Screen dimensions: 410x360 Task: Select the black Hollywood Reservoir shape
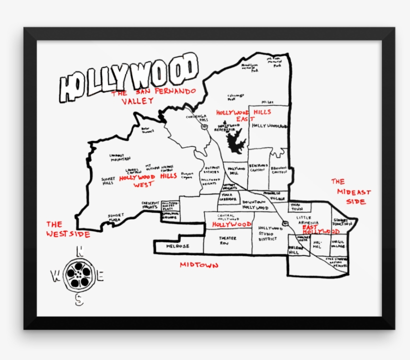click(x=234, y=141)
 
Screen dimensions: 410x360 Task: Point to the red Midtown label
click(x=199, y=265)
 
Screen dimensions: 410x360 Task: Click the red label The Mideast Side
click(x=353, y=192)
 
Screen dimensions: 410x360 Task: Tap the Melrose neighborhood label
click(x=177, y=247)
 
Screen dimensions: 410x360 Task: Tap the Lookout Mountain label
click(x=120, y=157)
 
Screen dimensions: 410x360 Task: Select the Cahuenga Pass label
click(x=197, y=118)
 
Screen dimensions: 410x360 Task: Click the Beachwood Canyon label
click(x=258, y=167)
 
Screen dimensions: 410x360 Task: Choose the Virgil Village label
click(x=338, y=244)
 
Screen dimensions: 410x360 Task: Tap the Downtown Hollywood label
click(x=255, y=204)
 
